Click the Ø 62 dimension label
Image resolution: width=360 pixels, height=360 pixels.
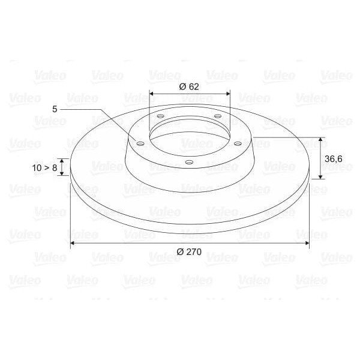[190, 86]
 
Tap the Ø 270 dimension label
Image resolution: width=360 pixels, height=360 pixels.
[190, 252]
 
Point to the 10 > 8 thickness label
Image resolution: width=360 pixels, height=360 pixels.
[45, 167]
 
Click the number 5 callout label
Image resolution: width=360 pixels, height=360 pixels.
[55, 109]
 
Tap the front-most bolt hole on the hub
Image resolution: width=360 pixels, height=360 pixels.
[189, 162]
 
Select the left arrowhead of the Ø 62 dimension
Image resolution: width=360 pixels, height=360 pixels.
[152, 94]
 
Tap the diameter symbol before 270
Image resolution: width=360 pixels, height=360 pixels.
[181, 252]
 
